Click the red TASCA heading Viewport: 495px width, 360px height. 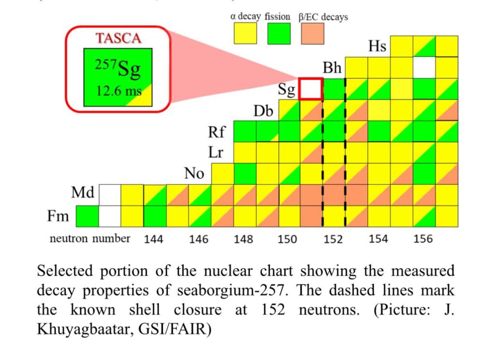coord(119,38)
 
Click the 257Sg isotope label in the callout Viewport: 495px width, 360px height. coord(118,71)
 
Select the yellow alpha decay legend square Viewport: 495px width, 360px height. coord(245,34)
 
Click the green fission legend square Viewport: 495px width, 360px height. coord(279,34)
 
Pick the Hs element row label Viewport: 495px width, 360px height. coord(377,46)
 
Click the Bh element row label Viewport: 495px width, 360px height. coord(332,68)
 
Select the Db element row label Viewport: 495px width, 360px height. coord(263,111)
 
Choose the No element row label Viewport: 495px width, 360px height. coord(194,173)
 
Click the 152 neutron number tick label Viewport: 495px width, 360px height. coord(333,239)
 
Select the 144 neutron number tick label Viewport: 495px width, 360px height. coord(154,239)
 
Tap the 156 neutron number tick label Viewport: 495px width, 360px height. coord(423,239)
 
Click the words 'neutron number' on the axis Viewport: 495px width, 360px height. coord(90,239)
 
